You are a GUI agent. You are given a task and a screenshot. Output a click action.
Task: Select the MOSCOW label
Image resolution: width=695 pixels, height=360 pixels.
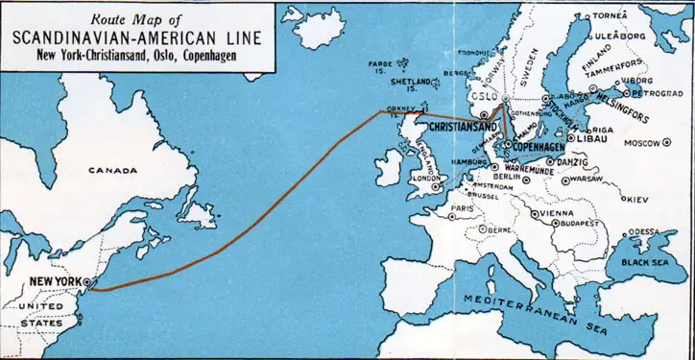(641, 143)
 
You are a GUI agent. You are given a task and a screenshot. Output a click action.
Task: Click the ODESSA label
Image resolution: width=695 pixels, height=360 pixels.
(643, 231)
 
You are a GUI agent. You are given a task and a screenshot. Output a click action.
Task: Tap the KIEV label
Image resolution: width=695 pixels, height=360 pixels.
(635, 199)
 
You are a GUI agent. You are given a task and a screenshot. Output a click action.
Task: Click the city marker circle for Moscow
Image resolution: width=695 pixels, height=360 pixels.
(667, 143)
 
